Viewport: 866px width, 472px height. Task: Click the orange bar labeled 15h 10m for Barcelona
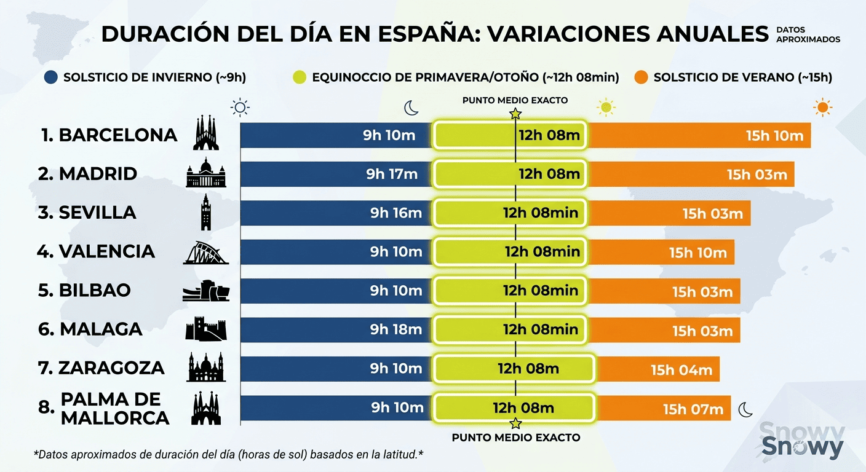[x=698, y=135]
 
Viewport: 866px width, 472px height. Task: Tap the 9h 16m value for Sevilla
[x=395, y=213]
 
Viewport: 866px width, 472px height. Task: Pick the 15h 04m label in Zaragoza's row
[x=681, y=370]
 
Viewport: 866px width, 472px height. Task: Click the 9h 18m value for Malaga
[x=395, y=329]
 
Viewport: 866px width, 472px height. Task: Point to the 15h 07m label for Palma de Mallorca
[x=693, y=409]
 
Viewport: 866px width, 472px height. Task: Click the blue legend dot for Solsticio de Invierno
[x=52, y=77]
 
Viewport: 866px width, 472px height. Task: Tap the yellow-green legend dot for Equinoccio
[x=300, y=77]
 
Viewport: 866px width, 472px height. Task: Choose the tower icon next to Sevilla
[x=205, y=213]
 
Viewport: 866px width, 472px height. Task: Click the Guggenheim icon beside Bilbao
[x=205, y=291]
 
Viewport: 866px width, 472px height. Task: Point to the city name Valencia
[x=106, y=251]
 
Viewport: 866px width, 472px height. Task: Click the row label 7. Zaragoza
[x=101, y=368]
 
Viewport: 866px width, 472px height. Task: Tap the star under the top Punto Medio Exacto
[x=515, y=114]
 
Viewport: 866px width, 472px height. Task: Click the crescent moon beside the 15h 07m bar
[x=745, y=409]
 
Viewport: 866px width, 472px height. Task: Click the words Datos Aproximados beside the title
[x=808, y=34]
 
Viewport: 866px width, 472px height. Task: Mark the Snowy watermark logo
[x=802, y=441]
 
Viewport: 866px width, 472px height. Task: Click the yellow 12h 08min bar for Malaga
[x=510, y=329]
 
